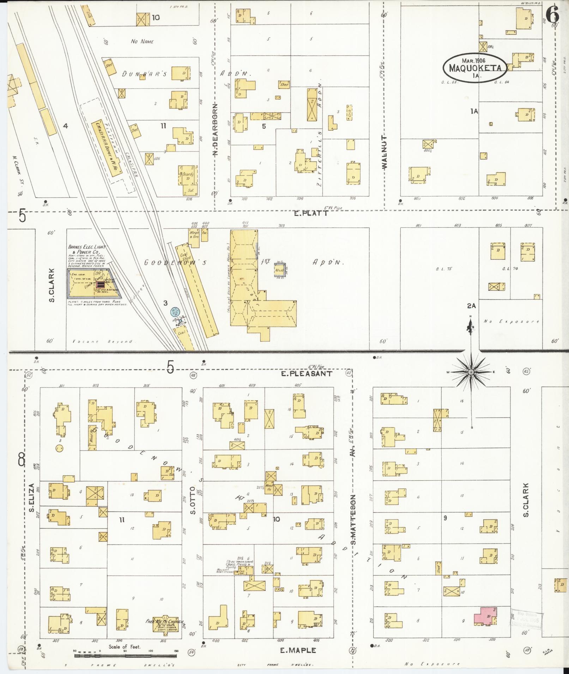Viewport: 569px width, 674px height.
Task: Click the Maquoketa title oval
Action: [475, 68]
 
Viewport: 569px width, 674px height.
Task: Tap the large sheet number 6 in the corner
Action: [553, 15]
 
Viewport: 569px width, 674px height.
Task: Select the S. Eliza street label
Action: [31, 498]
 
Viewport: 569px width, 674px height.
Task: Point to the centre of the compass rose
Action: [471, 372]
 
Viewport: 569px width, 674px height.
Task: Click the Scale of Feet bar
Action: [126, 656]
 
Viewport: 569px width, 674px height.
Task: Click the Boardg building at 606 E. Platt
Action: [188, 179]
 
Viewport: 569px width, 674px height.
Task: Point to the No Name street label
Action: [142, 42]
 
